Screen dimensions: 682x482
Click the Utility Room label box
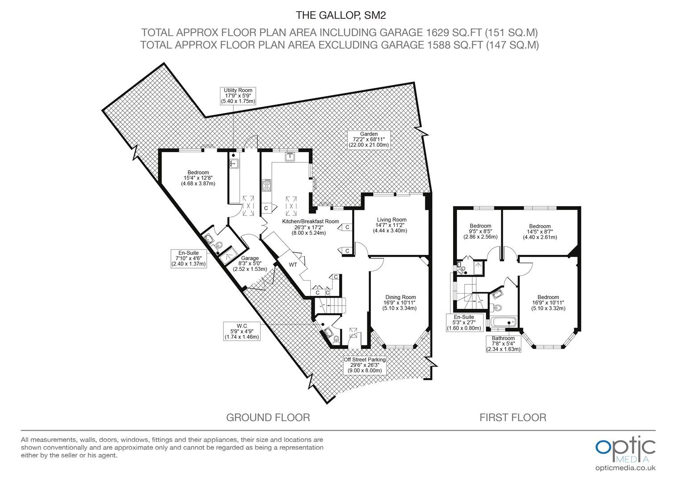(238, 96)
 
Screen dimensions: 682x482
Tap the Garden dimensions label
(369, 140)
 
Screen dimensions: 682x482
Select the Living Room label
(391, 225)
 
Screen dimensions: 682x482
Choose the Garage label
(250, 264)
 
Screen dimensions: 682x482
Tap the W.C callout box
(242, 331)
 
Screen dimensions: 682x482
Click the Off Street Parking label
(365, 365)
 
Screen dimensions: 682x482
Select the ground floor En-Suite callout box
(189, 258)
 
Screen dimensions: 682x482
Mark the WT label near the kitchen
(293, 265)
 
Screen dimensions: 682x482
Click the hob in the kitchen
(267, 185)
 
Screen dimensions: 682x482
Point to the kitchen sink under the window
(290, 157)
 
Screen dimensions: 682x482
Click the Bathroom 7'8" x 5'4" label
(503, 344)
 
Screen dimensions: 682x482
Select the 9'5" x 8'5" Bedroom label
(480, 232)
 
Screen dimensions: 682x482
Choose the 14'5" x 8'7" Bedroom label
(540, 232)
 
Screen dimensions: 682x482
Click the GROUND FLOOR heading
(268, 417)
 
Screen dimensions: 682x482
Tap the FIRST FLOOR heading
(513, 417)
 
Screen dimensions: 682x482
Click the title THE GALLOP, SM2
(341, 15)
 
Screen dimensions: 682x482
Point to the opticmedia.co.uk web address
(625, 468)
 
